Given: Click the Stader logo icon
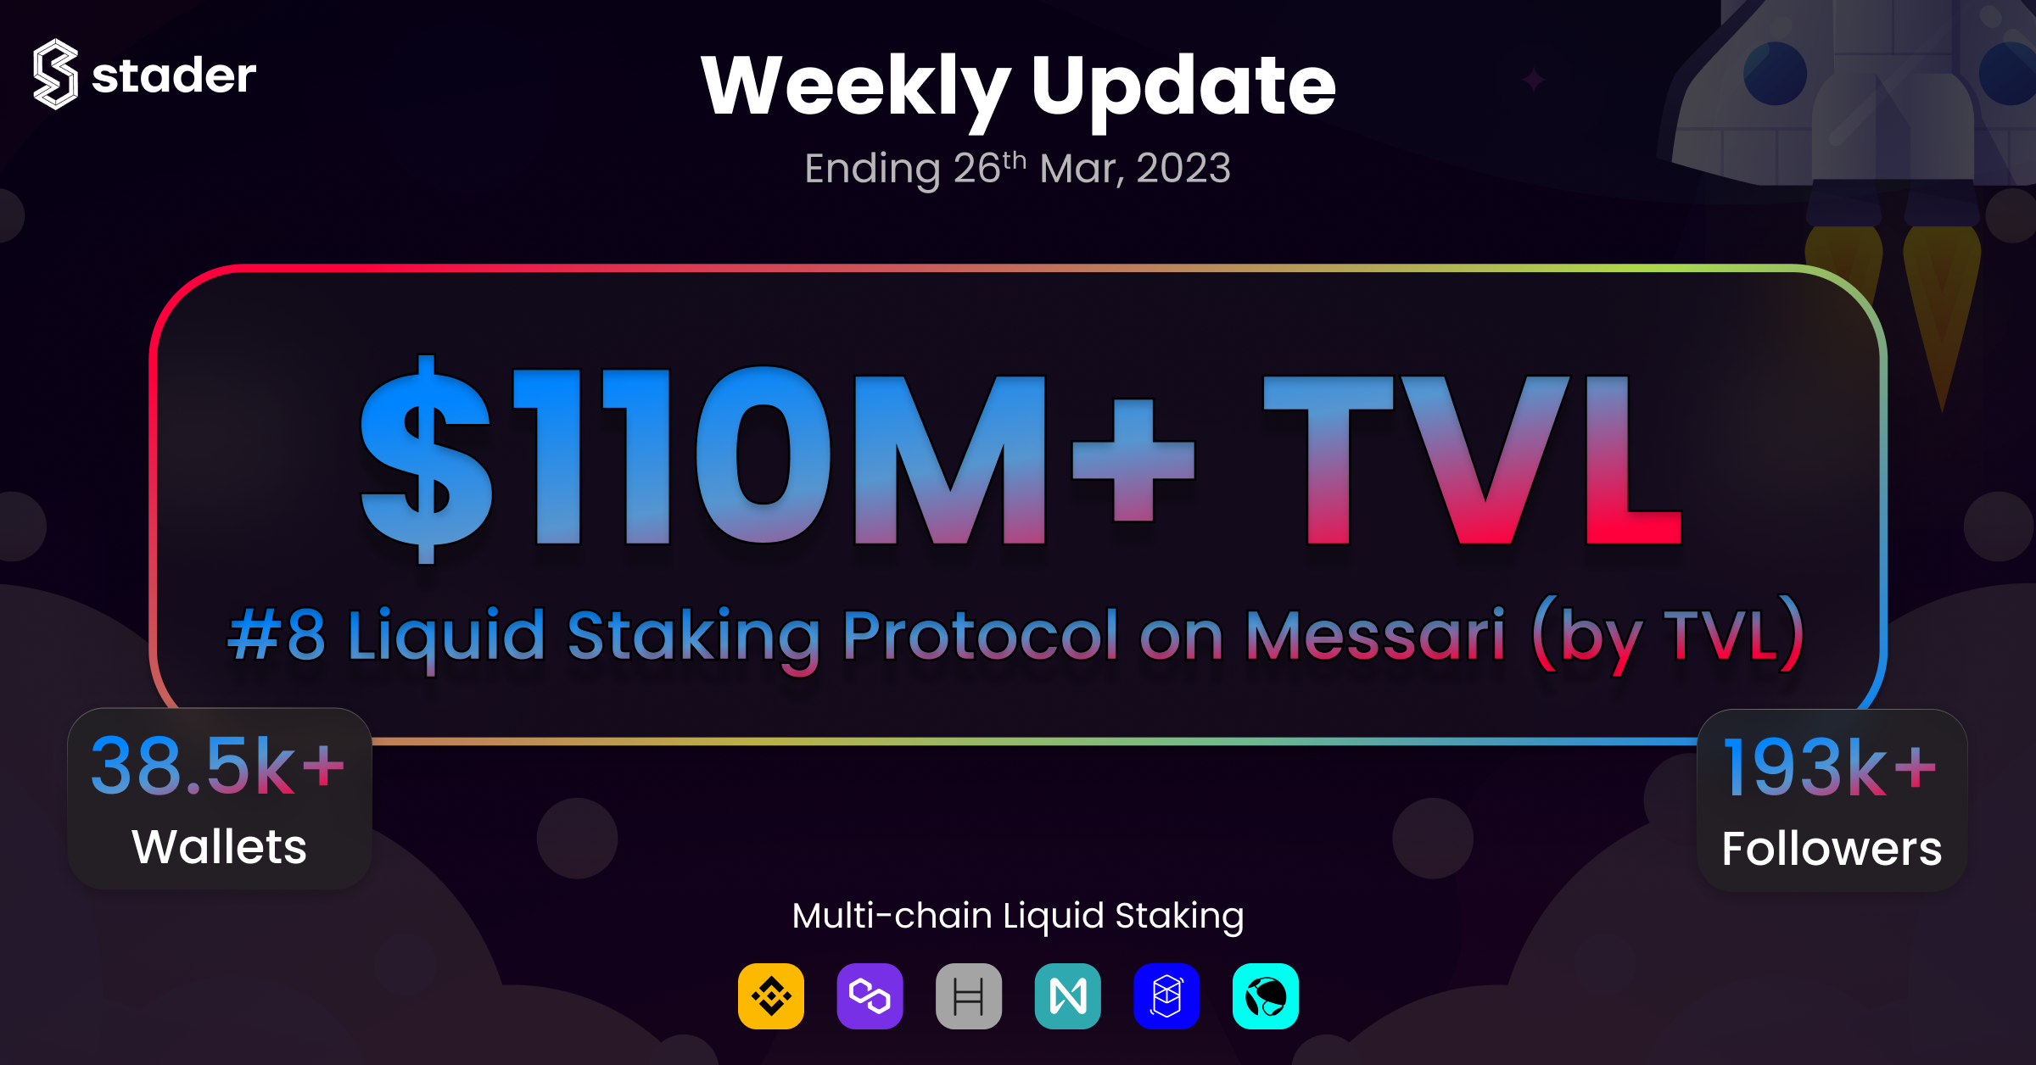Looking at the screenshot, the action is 56,75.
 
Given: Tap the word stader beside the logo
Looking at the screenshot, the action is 174,75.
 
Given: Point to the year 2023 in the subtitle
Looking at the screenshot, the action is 1183,168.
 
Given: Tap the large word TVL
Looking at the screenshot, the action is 1473,460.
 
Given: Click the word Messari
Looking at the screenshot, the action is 1376,636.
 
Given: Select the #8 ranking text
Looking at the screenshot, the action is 277,636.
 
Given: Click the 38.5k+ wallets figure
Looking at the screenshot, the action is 218,767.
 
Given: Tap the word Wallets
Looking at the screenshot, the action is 219,846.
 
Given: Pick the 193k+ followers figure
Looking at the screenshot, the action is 1830,768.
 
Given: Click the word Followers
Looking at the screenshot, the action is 1832,848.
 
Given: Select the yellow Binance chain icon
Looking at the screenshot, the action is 771,996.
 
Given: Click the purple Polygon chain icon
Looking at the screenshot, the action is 870,996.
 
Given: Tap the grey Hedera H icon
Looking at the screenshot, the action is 969,996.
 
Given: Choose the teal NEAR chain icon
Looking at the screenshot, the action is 1068,996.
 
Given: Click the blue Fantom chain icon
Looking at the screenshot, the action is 1166,996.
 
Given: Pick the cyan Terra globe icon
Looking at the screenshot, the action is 1266,996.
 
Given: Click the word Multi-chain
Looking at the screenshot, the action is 892,916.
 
